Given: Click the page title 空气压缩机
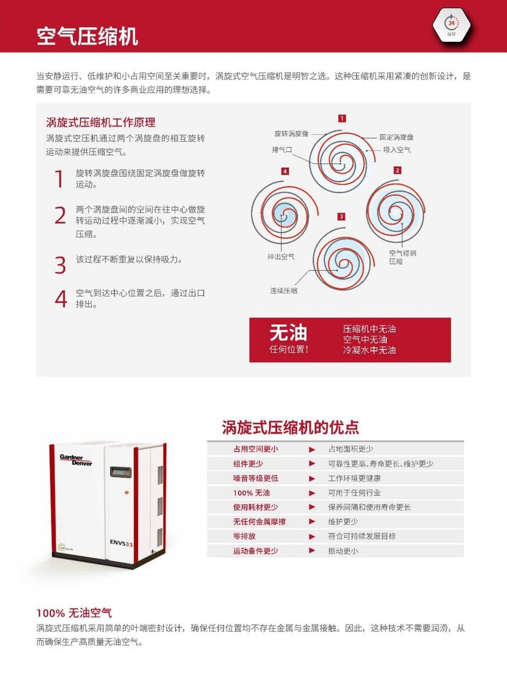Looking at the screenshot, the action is coord(87,37).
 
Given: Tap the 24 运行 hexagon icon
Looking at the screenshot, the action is coord(452,26).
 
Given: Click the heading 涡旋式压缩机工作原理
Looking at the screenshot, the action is coord(100,123).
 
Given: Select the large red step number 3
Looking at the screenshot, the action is coord(61,265).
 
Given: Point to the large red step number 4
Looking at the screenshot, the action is coord(61,298).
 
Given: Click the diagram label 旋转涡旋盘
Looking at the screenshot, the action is coord(291,133).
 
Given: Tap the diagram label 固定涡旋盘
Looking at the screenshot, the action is coord(397,137).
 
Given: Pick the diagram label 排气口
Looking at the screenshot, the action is coord(282,150).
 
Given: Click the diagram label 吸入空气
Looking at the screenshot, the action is coord(397,150).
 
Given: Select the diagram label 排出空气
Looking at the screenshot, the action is coord(281,256).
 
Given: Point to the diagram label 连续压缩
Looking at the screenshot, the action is coord(284,291).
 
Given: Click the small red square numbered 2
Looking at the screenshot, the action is coord(397,170).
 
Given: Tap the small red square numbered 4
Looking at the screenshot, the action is coord(285,171).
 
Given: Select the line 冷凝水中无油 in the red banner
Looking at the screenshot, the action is coord(369,350).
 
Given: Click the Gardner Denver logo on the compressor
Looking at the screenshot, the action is coord(75,459).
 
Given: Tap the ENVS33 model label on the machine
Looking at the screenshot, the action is coord(121,543).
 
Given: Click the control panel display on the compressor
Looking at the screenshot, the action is coord(121,472).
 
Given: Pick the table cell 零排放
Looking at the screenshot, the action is coord(244,536).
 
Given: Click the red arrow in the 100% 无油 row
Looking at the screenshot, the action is coord(312,493).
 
